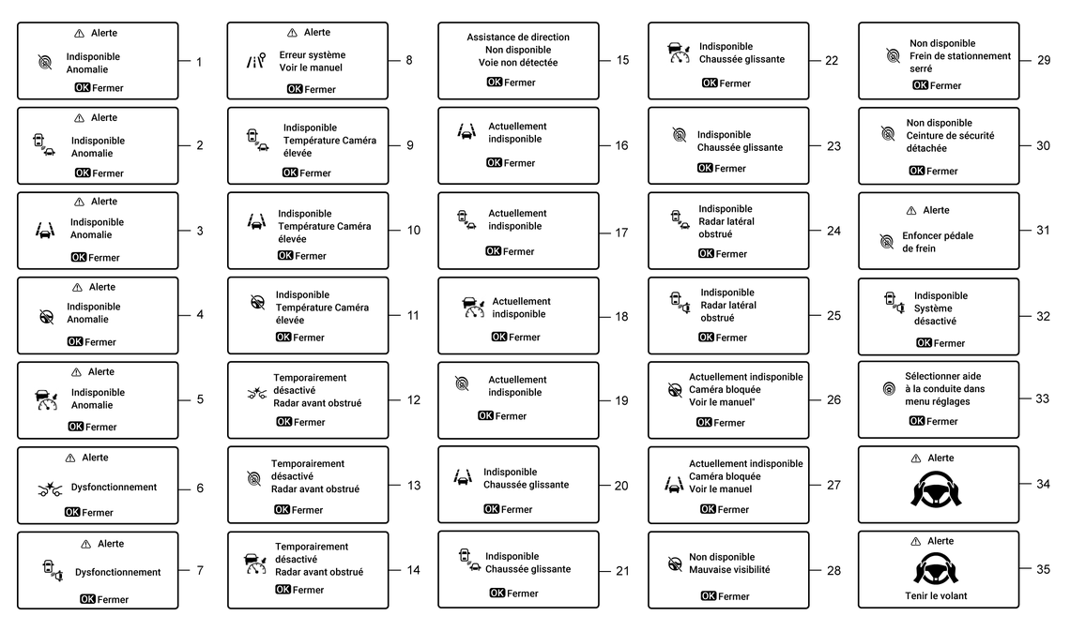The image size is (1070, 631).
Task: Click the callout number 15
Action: point(622,60)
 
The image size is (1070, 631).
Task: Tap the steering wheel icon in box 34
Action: point(936,488)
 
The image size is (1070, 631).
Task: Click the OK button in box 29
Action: point(920,85)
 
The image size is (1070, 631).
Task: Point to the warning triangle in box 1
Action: point(79,33)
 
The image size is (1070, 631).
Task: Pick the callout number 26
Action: point(833,399)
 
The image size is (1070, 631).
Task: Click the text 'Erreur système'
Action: point(312,55)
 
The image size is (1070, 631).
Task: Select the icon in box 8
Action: point(255,61)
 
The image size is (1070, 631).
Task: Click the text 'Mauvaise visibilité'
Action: point(729,569)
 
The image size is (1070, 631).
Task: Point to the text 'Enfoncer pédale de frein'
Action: point(938,242)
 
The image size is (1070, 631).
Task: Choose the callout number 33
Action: point(1042,398)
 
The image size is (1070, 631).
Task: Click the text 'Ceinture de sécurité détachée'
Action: point(950,135)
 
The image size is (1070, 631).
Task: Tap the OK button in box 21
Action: point(497,593)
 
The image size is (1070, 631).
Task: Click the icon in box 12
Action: point(256,391)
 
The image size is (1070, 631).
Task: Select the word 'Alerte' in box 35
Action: point(940,541)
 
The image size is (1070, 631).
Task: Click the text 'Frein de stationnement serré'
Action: point(959,62)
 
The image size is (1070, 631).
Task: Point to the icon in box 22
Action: point(678,53)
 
